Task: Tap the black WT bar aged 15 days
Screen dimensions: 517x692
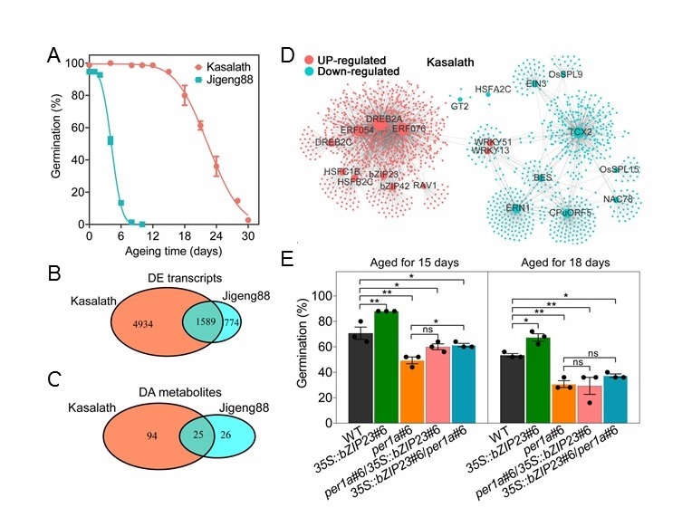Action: [x=361, y=378]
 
